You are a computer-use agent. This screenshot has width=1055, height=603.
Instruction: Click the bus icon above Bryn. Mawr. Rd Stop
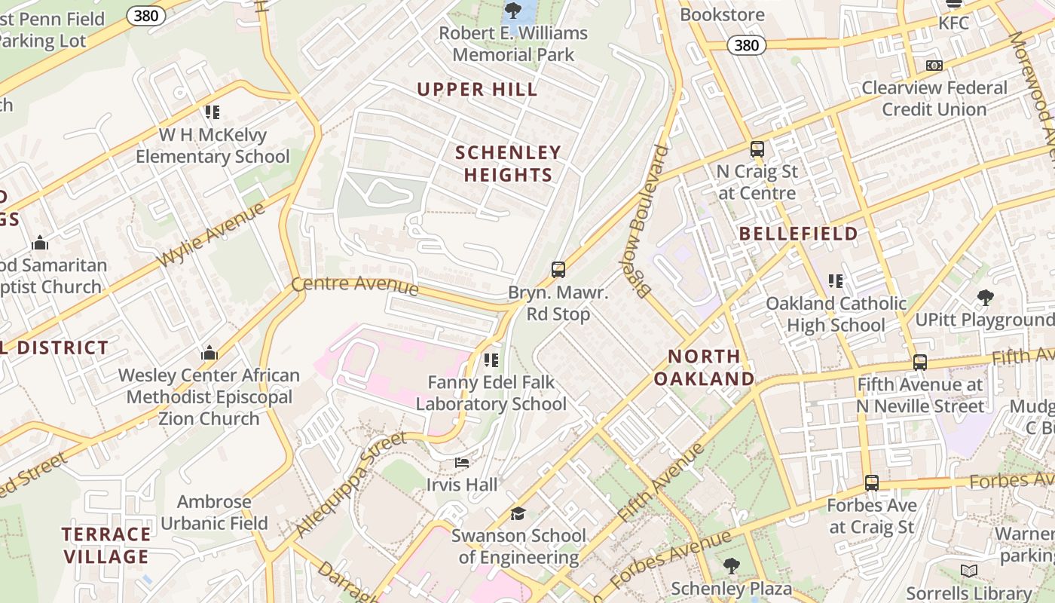pos(558,270)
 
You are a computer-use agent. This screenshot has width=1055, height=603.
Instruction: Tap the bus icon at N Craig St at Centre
pos(757,149)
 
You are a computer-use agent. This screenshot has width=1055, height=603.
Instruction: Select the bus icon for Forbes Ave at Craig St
pos(871,483)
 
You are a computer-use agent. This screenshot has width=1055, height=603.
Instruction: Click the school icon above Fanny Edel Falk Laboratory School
pos(491,360)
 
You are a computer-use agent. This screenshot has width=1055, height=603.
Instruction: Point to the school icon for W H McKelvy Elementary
pos(213,112)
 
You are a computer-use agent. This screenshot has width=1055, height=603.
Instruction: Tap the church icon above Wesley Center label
pos(209,353)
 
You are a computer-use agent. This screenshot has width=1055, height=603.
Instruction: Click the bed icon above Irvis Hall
pos(462,463)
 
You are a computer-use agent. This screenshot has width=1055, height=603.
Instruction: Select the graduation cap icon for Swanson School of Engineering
pos(517,514)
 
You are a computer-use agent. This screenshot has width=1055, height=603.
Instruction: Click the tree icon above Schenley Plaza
pos(731,566)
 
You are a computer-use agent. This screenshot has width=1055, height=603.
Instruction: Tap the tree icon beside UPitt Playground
pos(984,298)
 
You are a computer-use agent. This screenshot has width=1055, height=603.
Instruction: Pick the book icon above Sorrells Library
pos(969,571)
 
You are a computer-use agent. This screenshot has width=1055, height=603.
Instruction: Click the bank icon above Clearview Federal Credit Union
pos(934,66)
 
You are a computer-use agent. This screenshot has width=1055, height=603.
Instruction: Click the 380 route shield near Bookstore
pos(746,45)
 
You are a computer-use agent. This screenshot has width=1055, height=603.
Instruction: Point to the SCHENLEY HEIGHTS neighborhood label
pos(509,164)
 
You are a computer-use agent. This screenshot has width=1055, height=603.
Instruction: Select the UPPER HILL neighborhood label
pos(478,90)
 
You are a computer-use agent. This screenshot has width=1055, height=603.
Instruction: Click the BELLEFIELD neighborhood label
pos(798,234)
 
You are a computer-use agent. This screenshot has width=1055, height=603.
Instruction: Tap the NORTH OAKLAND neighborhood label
pos(704,367)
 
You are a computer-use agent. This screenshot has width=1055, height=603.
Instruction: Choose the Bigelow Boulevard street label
pos(650,222)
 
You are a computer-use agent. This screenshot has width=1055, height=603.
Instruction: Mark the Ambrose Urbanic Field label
pos(214,513)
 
